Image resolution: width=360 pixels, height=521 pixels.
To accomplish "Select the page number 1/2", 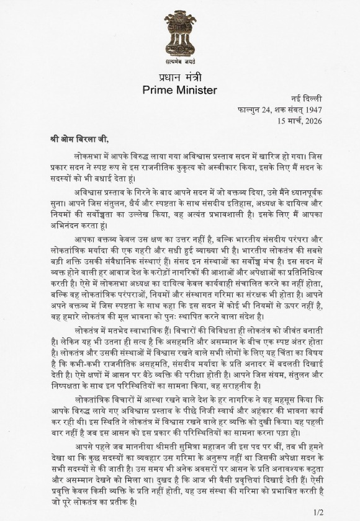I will coord(319,512).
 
